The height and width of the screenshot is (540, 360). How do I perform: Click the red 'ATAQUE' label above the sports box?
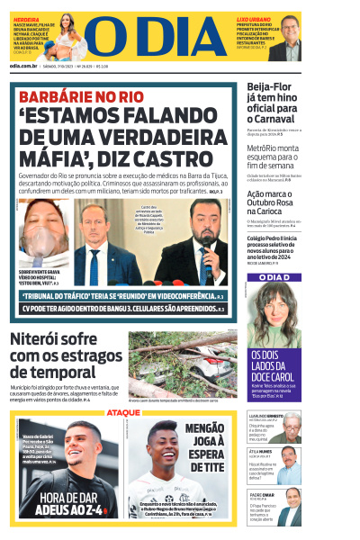[123, 412]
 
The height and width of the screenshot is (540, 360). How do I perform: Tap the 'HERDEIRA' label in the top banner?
[26, 18]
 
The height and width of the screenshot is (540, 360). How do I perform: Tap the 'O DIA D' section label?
[274, 275]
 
